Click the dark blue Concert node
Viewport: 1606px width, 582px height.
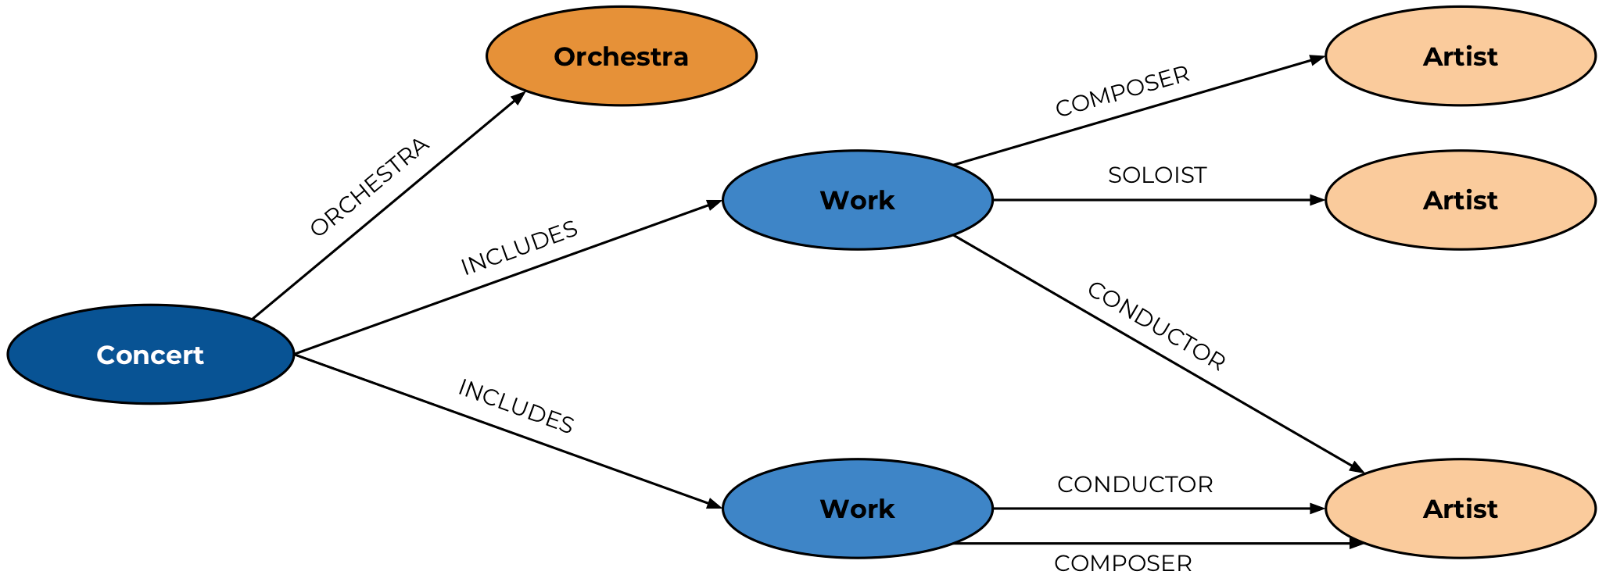click(150, 355)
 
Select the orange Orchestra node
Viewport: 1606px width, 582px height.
click(621, 56)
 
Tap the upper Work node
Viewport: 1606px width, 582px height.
click(857, 200)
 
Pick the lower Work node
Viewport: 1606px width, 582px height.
click(857, 509)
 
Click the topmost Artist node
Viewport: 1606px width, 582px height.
click(1460, 56)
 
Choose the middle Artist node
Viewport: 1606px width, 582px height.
click(1460, 200)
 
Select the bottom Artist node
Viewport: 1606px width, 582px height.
click(1460, 509)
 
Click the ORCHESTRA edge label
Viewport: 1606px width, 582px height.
click(370, 187)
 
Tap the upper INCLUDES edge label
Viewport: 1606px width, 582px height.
click(519, 248)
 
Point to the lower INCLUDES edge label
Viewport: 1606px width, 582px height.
click(516, 406)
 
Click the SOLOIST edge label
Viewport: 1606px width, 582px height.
click(1157, 175)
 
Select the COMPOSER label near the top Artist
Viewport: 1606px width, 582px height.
click(1122, 92)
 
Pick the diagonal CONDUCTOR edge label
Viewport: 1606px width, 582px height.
click(1156, 326)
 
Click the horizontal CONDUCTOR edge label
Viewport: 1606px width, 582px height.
click(1135, 484)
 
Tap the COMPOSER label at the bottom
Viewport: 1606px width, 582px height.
click(1123, 563)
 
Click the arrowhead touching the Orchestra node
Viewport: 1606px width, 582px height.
click(518, 98)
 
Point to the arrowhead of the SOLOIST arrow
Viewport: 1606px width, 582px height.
click(1317, 200)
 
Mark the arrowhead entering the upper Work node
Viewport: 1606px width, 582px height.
click(715, 204)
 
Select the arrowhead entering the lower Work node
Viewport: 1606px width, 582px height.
click(715, 505)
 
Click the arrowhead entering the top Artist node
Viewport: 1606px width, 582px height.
click(1317, 59)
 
